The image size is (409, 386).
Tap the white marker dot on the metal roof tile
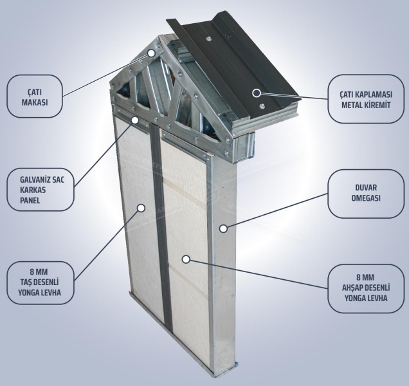[x=256, y=92]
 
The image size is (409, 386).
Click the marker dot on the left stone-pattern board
[x=140, y=208]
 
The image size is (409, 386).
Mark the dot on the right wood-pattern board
[x=185, y=259]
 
